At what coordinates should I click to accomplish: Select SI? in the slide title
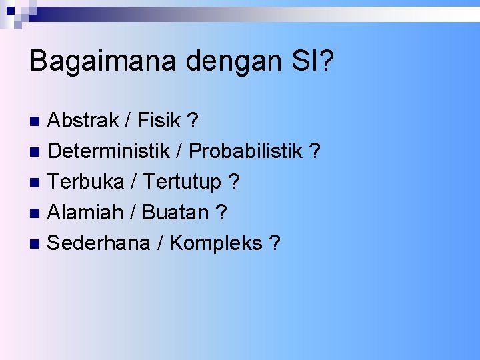311,61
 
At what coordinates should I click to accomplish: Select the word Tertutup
182,182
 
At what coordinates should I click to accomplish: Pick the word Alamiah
85,213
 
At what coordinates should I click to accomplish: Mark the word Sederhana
99,243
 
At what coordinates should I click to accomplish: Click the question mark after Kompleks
274,243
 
